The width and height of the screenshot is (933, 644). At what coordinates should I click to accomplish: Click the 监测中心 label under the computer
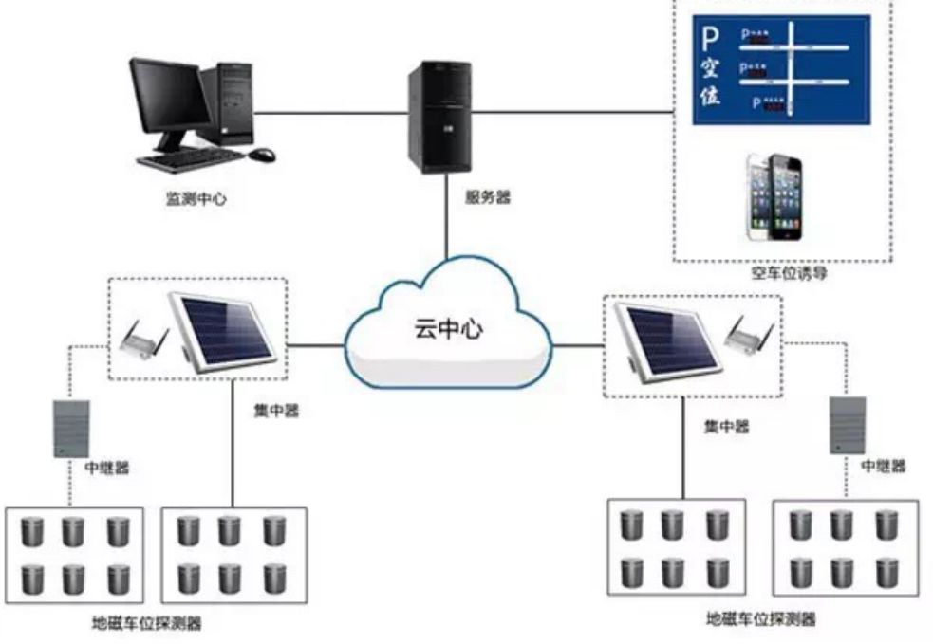(196, 200)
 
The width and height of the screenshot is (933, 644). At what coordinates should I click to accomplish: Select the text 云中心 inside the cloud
(448, 329)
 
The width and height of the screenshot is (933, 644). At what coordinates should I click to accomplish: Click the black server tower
(439, 117)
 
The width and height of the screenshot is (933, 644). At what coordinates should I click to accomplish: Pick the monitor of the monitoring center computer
(170, 98)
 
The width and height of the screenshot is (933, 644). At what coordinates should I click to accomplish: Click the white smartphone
(761, 196)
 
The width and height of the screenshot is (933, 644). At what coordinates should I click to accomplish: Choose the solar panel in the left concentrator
(222, 328)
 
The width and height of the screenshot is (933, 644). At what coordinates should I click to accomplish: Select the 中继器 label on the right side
(883, 466)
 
